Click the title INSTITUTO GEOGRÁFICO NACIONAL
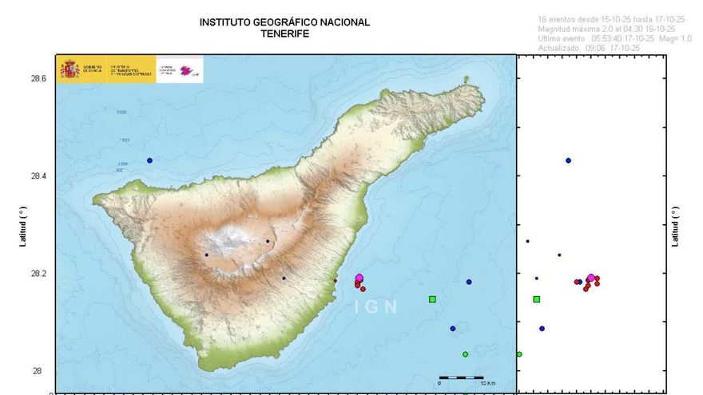click(x=284, y=22)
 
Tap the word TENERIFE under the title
click(x=284, y=34)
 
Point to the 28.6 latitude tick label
click(x=38, y=79)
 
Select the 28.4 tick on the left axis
click(x=38, y=176)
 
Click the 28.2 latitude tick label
click(x=38, y=274)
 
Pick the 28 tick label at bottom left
click(x=38, y=371)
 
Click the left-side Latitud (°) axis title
click(x=23, y=225)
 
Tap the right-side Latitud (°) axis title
click(x=677, y=225)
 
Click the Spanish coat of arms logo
click(x=70, y=69)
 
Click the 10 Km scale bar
click(x=460, y=377)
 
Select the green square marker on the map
click(x=432, y=299)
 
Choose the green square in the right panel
click(x=537, y=299)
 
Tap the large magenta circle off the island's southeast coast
click(x=359, y=278)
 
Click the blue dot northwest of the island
click(x=149, y=160)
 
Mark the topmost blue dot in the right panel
click(x=568, y=160)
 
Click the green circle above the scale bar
click(x=465, y=354)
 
